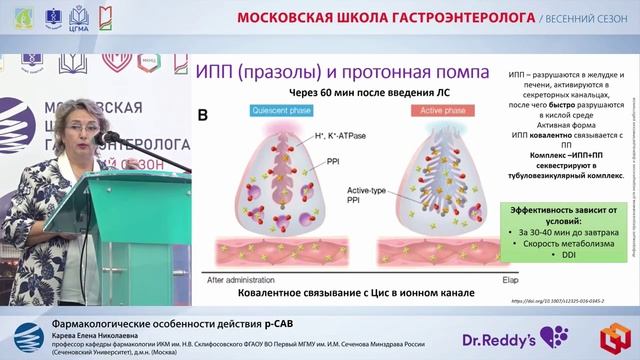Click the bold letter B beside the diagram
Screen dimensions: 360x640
202,117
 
